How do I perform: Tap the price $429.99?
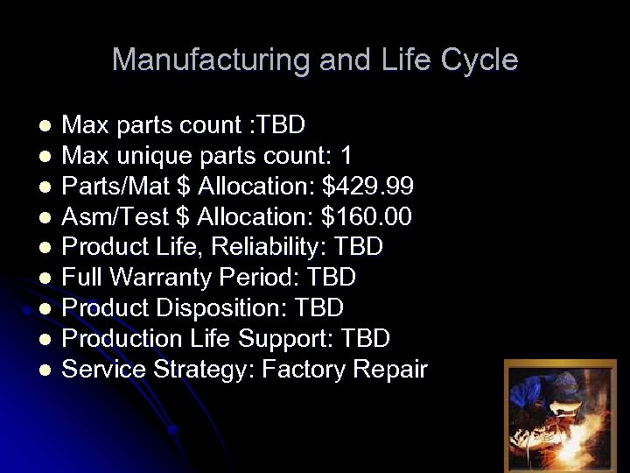pyautogui.click(x=368, y=187)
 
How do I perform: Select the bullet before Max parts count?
pyautogui.click(x=45, y=126)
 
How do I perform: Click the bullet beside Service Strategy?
pyautogui.click(x=45, y=371)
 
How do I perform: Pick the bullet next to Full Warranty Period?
pyautogui.click(x=45, y=279)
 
